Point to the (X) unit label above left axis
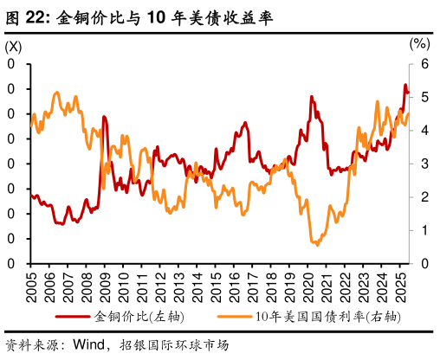click(x=16, y=44)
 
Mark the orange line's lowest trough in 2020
click(x=316, y=244)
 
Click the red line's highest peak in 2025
click(x=404, y=85)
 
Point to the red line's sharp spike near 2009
click(x=104, y=117)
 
